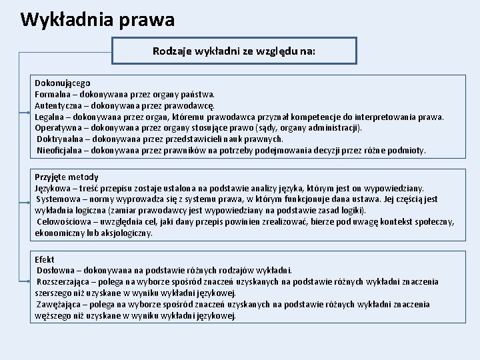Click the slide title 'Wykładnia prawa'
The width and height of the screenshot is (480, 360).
coord(97,19)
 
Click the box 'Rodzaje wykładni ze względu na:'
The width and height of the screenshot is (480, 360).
coord(234,50)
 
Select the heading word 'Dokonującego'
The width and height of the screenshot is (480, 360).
coord(63,83)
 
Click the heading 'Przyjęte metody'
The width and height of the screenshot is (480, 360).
coord(67,177)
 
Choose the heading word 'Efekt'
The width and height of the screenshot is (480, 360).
coord(45,259)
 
